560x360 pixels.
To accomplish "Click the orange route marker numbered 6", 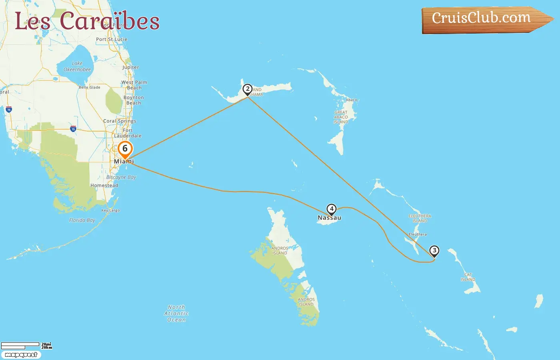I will tap(125, 149).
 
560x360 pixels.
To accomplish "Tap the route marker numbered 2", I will tap(248, 89).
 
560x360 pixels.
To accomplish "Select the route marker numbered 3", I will tap(434, 251).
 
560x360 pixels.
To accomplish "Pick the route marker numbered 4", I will tap(331, 209).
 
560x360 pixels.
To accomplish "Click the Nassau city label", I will tap(329, 218).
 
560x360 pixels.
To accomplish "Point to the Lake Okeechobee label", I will tap(77, 66).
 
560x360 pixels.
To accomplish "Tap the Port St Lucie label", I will tap(112, 39).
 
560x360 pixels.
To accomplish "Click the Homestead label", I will tap(104, 186).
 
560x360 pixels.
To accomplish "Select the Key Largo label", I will tap(110, 210).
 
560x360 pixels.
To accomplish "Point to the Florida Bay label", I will tap(82, 220).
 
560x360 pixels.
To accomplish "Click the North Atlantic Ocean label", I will tap(176, 314).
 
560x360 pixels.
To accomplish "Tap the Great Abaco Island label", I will tap(341, 117).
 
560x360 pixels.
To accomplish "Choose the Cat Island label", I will tap(468, 277).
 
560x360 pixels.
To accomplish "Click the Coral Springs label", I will tap(120, 121).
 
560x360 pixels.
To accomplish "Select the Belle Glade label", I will tap(89, 87).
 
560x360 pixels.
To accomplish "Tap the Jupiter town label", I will tap(130, 67).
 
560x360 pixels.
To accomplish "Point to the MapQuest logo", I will tap(21, 355).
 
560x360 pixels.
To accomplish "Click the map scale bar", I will tap(20, 345).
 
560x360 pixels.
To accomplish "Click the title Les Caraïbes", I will tap(87, 21).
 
